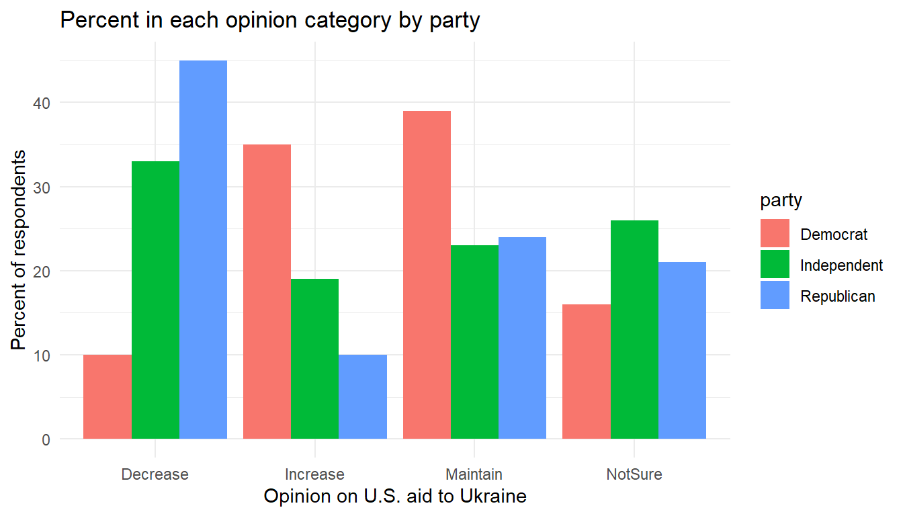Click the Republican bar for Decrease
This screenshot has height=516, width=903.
(203, 249)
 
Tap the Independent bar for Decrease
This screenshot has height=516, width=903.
(155, 300)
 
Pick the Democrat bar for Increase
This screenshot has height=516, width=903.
(267, 292)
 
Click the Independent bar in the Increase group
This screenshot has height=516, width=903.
(314, 359)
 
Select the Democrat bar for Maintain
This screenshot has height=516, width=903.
(427, 275)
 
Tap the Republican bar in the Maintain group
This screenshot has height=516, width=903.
(522, 338)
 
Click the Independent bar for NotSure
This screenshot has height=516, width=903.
(634, 329)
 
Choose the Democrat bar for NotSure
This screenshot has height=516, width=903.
(587, 372)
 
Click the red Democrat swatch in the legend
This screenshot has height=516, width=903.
(775, 234)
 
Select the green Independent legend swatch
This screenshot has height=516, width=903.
(775, 265)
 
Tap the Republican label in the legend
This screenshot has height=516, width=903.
(838, 296)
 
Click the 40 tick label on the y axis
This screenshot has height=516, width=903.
(41, 103)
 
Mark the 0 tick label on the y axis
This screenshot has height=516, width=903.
(46, 439)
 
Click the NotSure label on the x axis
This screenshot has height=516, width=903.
(634, 474)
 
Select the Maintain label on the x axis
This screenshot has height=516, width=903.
(474, 474)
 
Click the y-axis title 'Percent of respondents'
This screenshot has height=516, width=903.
(20, 250)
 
